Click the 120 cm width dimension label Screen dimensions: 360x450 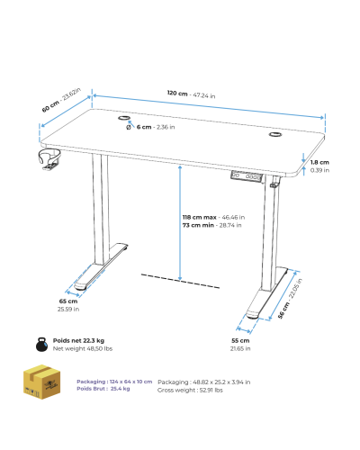191,94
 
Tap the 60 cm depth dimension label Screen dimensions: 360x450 61,100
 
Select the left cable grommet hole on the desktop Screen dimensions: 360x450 123,118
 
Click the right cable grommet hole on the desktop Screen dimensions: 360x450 274,134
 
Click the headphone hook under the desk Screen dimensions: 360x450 49,158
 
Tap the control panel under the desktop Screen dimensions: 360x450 247,176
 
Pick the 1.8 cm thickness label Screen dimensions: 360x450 319,166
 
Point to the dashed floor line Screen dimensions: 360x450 180,281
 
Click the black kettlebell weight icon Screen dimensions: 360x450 41,345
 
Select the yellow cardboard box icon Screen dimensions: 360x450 42,382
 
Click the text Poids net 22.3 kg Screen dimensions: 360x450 78,340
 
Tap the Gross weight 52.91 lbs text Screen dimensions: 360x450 190,390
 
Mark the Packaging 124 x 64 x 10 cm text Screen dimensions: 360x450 114,382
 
